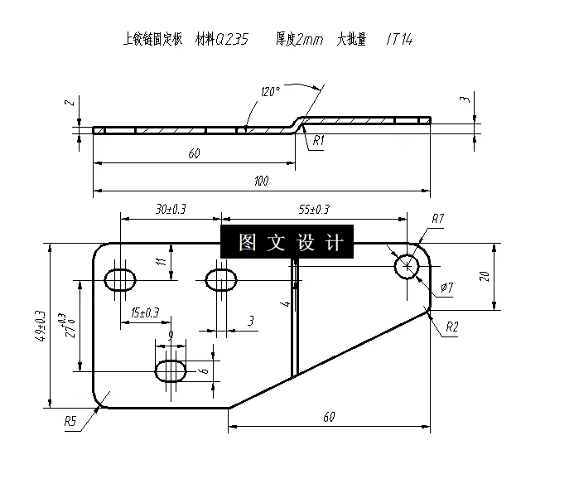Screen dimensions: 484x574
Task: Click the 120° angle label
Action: (270, 91)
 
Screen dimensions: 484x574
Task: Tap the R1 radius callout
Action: (319, 141)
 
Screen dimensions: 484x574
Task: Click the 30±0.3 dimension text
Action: (170, 210)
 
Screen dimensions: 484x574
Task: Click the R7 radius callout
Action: (438, 219)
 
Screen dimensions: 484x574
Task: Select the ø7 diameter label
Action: (446, 288)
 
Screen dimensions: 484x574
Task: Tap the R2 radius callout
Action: (451, 327)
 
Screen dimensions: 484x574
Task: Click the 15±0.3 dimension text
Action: (145, 312)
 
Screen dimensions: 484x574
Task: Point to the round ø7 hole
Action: (407, 266)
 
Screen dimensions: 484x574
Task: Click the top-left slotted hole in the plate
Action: (122, 278)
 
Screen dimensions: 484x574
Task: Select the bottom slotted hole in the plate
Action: (171, 368)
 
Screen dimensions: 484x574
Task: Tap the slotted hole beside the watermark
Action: (221, 278)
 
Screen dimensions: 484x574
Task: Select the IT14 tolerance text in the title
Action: (399, 40)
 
